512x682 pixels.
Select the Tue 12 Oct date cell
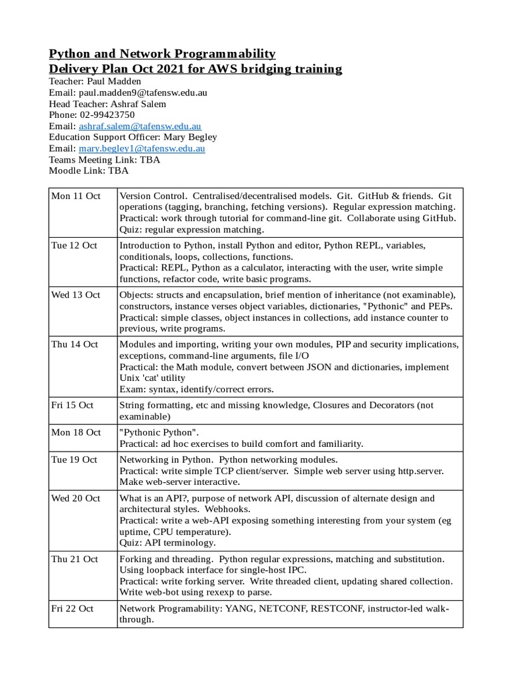click(x=74, y=245)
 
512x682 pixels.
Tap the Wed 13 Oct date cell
click(x=75, y=294)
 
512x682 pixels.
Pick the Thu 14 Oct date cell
click(x=75, y=344)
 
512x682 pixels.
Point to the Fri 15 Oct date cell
click(x=73, y=405)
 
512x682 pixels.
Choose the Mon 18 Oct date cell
click(x=76, y=432)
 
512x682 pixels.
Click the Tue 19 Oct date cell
click(x=74, y=460)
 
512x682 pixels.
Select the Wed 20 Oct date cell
click(x=75, y=498)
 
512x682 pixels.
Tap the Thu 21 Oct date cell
click(x=75, y=559)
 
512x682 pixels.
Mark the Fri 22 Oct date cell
click(x=73, y=609)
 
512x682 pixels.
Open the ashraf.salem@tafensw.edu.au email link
click(x=140, y=125)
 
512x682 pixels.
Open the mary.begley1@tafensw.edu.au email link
click(x=141, y=149)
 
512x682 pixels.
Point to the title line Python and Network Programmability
click(x=162, y=53)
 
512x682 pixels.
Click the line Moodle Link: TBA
click(x=89, y=170)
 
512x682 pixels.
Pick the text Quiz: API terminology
click(x=172, y=543)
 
